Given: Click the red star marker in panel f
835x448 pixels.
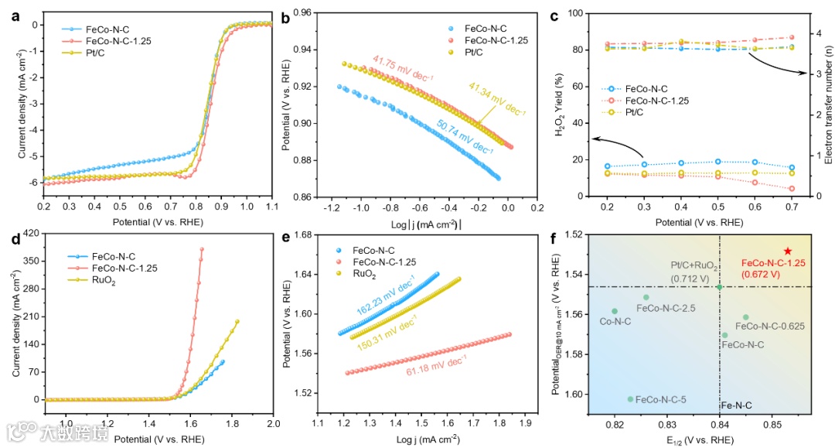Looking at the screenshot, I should point(787,251).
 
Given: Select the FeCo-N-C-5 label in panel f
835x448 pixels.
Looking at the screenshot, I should point(660,399).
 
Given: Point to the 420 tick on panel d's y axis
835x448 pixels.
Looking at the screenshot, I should point(31,232).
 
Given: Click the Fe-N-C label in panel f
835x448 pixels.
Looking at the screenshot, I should point(736,405).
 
